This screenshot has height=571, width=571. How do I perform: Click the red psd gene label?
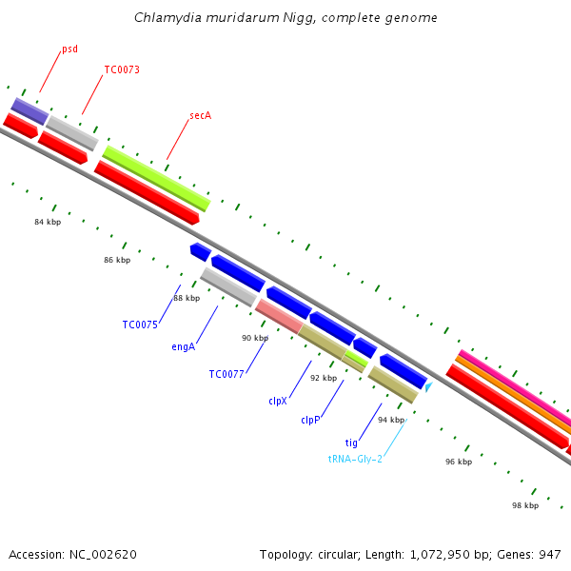click(x=69, y=49)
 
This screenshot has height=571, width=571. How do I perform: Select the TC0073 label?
click(x=122, y=69)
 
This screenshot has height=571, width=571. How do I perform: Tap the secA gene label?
click(x=200, y=115)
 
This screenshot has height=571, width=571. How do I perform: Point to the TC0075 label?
click(x=140, y=325)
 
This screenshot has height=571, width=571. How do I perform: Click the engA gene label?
click(x=184, y=346)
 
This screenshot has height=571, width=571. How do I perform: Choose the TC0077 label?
click(x=226, y=374)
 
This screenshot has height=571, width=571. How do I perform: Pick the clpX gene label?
click(x=278, y=401)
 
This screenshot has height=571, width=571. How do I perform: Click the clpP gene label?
click(x=310, y=420)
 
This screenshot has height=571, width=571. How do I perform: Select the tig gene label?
click(x=351, y=443)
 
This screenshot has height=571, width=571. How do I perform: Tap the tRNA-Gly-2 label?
click(x=355, y=459)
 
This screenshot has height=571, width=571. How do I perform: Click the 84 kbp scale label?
click(x=48, y=222)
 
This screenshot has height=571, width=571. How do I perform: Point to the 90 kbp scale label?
click(x=255, y=338)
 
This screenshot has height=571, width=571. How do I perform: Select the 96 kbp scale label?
click(x=459, y=462)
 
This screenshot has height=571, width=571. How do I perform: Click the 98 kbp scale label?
click(x=525, y=505)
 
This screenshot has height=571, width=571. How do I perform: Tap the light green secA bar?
click(x=156, y=178)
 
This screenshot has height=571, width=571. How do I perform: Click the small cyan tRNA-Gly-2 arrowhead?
click(x=429, y=387)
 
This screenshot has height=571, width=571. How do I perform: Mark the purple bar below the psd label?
click(x=30, y=110)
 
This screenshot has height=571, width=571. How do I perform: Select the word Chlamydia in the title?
click(x=167, y=17)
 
